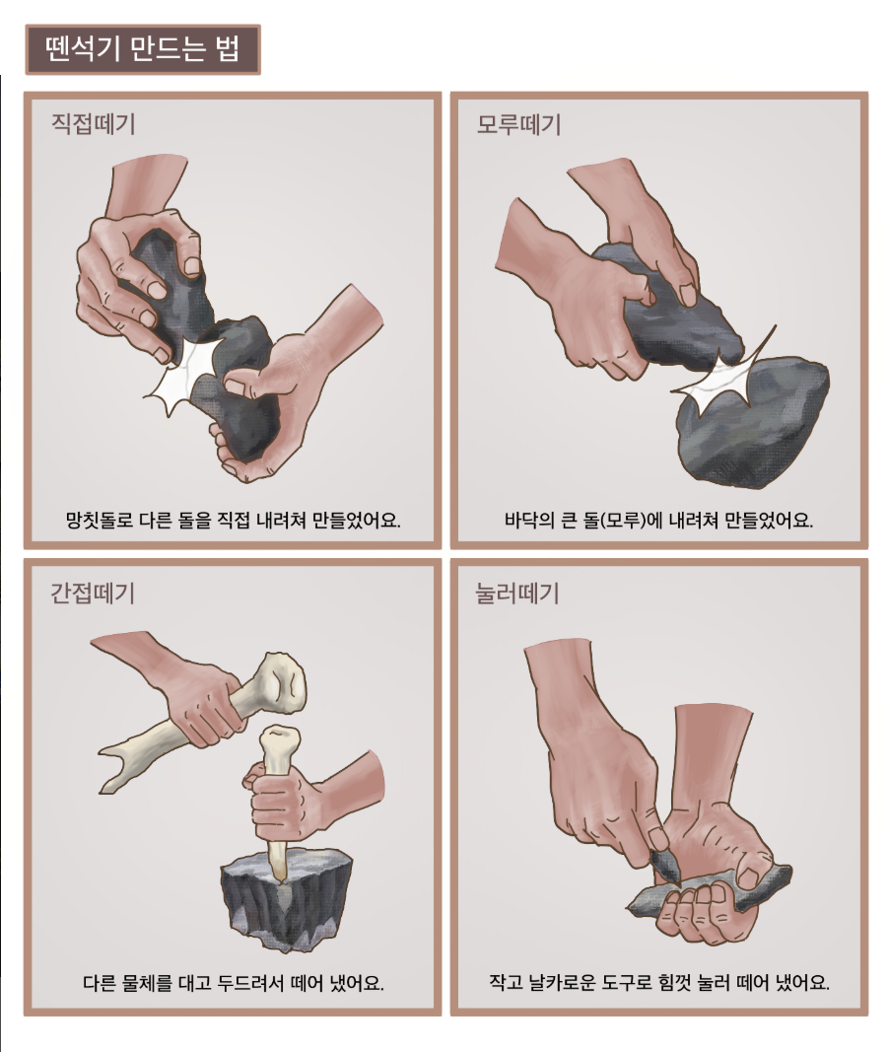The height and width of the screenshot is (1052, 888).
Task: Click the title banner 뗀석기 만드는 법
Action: click(x=143, y=49)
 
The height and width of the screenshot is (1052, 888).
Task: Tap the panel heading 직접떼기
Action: click(x=94, y=124)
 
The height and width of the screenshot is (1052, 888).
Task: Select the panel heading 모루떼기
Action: click(x=518, y=124)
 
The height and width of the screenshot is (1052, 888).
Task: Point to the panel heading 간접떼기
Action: click(x=93, y=594)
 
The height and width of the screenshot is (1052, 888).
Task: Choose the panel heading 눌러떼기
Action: click(x=517, y=594)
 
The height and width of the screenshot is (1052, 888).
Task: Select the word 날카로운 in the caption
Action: click(x=562, y=983)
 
